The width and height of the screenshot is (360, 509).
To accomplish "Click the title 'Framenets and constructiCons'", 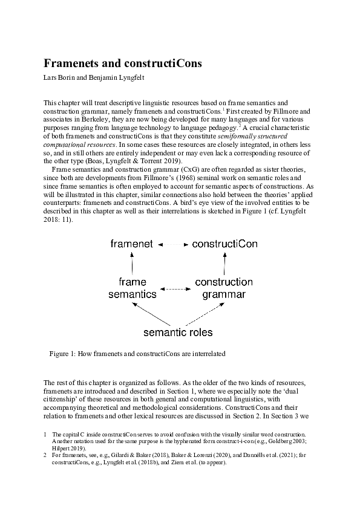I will pos(122,63).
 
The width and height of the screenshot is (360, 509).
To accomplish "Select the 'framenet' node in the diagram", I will pos(132,244).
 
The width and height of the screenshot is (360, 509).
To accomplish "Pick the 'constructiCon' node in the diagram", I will pos(224,244).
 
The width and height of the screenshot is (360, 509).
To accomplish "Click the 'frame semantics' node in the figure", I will pos(133,288).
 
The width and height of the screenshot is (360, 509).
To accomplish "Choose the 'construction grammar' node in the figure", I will pos(224,288).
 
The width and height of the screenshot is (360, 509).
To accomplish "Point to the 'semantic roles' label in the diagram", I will pos(178,332).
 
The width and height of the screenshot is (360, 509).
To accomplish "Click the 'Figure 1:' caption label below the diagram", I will pos(63,354).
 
